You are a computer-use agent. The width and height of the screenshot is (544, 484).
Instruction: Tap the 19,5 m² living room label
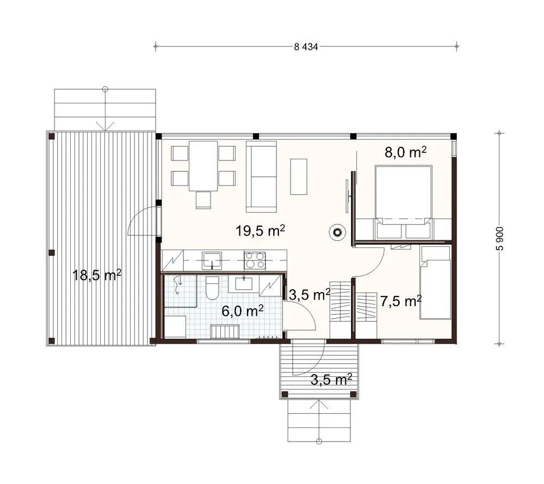(261, 231)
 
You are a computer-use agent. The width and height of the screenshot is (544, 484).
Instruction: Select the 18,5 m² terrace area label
(97, 275)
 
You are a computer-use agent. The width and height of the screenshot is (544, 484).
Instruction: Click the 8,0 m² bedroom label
(405, 152)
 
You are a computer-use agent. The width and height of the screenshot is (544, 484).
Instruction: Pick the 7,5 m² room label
(402, 300)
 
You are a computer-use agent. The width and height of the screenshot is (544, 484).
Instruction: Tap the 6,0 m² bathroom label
(242, 311)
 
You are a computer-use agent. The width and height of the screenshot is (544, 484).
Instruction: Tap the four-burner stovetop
(255, 260)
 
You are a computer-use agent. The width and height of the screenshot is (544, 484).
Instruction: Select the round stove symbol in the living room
(337, 233)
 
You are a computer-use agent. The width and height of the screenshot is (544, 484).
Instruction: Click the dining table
(203, 165)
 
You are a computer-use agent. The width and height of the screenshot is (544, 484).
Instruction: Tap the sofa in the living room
(262, 176)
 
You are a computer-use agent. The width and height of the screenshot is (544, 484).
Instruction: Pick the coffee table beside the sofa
(298, 176)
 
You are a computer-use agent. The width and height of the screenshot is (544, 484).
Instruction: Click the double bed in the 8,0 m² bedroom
(404, 201)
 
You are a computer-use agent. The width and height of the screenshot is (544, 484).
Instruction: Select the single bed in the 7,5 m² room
(435, 283)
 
